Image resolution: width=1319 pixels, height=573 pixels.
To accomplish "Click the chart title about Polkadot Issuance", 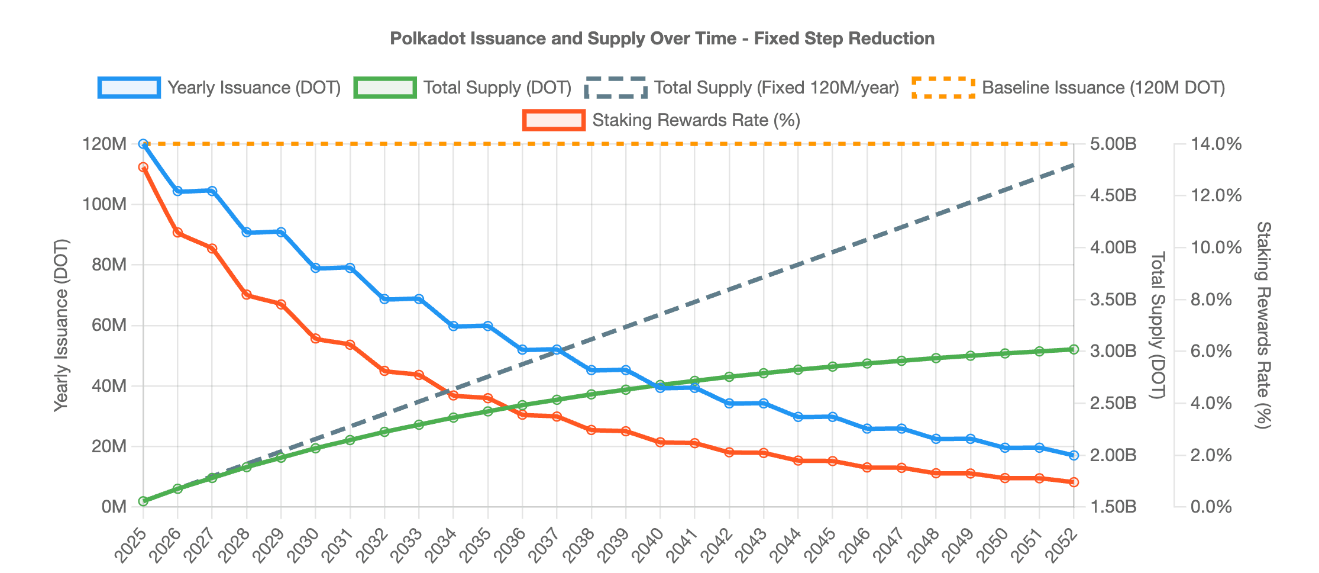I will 662,39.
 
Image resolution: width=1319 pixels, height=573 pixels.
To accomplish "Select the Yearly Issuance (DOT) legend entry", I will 220,88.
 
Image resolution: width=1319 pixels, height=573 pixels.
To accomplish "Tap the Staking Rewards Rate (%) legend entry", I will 662,120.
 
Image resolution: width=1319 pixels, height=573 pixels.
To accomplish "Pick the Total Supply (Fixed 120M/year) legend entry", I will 742,88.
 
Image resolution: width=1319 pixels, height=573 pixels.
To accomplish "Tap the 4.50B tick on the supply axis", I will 1113,196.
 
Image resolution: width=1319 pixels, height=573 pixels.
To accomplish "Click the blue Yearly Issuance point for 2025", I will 143,144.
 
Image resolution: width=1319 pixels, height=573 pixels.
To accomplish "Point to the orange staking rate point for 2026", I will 177,233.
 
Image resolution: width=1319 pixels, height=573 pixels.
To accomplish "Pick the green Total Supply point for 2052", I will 1074,350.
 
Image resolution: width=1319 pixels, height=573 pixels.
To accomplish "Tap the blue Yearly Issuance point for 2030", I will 315,268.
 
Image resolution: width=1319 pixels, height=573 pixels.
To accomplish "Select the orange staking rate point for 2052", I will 1074,482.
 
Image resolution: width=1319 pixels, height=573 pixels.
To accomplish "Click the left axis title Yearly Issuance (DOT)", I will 61,325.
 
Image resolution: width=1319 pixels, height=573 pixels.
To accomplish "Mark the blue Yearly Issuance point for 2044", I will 798,417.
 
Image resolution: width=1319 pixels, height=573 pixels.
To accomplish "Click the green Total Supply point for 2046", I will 867,363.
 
